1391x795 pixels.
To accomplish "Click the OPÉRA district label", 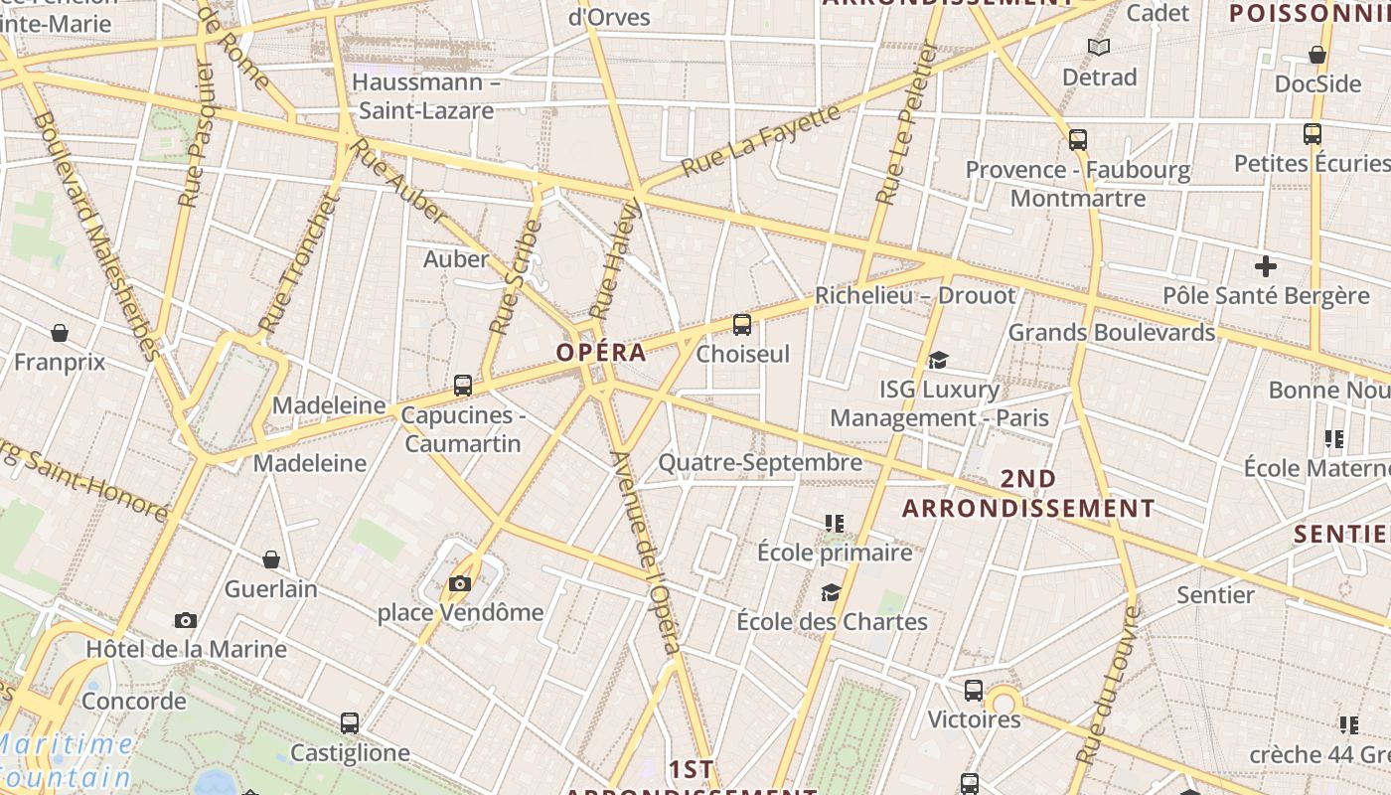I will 601,352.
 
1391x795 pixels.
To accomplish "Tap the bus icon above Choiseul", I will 742,324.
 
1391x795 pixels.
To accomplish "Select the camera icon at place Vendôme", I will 459,583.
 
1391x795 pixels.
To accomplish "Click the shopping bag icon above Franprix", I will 60,332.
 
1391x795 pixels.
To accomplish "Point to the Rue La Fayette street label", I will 761,141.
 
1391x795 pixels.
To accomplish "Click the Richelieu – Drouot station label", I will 915,295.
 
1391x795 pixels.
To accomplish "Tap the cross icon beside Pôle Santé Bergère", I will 1265,266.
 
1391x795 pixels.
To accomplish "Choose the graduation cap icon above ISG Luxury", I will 938,360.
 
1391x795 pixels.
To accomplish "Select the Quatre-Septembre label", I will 760,462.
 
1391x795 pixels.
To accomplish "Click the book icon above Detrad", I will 1098,47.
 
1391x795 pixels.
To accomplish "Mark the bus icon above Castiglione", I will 350,722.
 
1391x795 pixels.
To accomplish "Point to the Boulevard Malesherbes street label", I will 96,235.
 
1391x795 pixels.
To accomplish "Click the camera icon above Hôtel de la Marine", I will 185,620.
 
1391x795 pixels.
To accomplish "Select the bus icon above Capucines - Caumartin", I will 463,386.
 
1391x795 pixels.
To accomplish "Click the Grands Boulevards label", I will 1112,332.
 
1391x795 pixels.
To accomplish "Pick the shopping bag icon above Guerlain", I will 270,559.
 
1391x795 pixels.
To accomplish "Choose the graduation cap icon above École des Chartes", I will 831,593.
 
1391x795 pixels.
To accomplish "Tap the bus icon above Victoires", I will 974,690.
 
